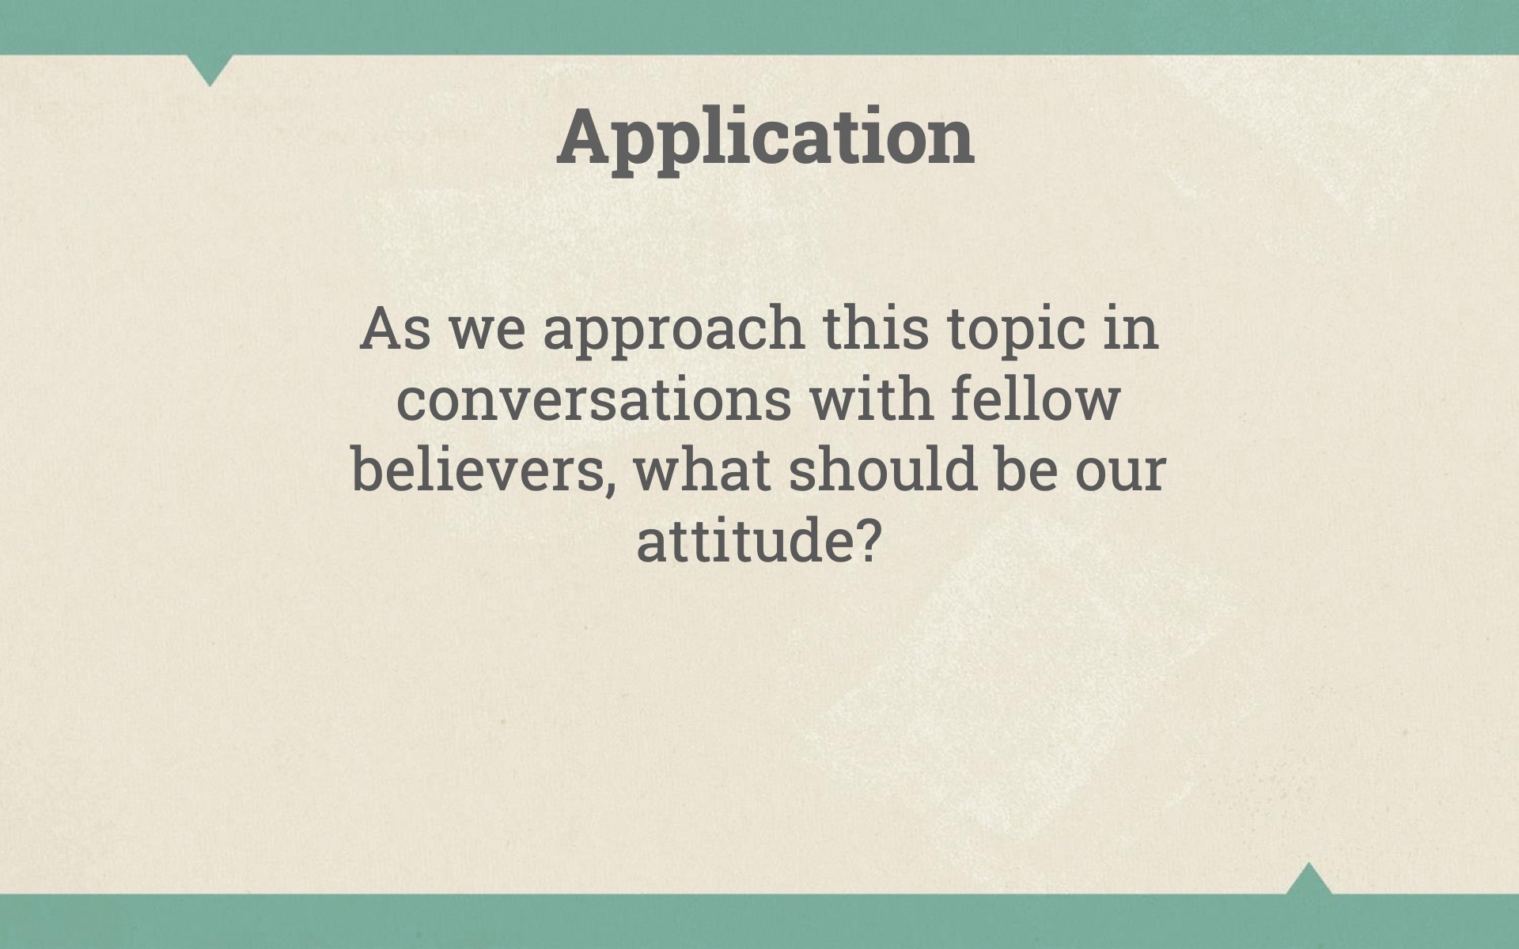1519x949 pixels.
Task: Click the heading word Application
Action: (x=765, y=138)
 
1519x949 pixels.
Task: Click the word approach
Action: (x=673, y=331)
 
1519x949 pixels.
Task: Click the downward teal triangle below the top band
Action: (x=210, y=67)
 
